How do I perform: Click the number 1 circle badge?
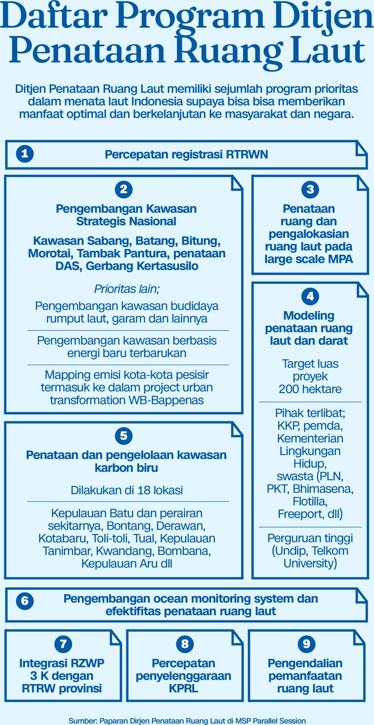pyautogui.click(x=25, y=154)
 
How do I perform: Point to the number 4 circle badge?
pyautogui.click(x=310, y=296)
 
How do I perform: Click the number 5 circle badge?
pyautogui.click(x=124, y=436)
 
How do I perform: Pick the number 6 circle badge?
pyautogui.click(x=25, y=601)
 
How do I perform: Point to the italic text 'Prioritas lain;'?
pyautogui.click(x=127, y=289)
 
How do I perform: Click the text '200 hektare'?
pyautogui.click(x=310, y=389)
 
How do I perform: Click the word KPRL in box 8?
pyautogui.click(x=183, y=688)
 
